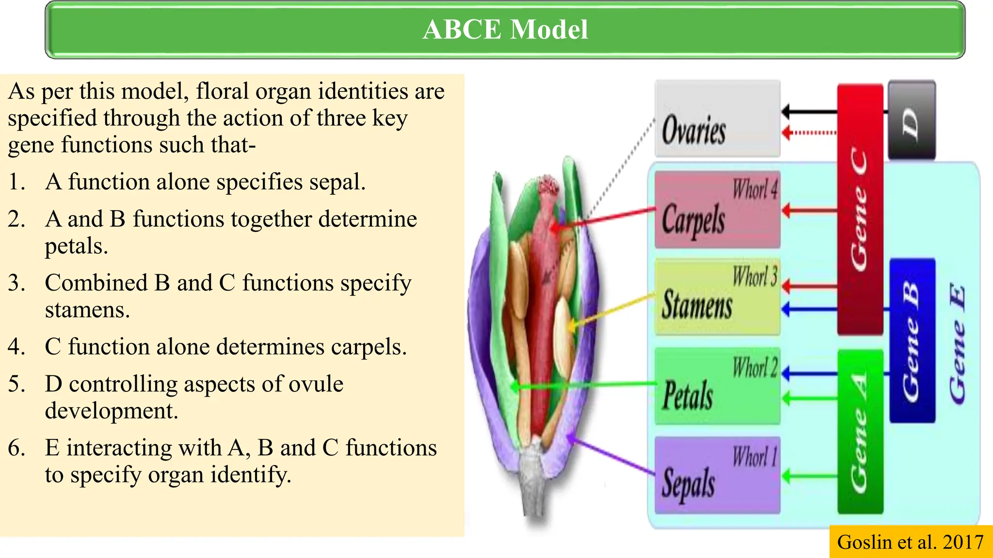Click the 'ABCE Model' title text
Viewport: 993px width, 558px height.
[505, 30]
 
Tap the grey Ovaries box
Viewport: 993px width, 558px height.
[717, 119]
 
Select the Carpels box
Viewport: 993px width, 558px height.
[717, 210]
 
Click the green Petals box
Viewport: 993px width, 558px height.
[717, 387]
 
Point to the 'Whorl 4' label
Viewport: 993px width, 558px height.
[754, 189]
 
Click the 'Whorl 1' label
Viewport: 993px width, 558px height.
[754, 457]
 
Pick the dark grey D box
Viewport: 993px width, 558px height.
[911, 120]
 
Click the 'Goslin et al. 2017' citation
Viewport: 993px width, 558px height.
[910, 542]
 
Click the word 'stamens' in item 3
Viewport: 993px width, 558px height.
[87, 310]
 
